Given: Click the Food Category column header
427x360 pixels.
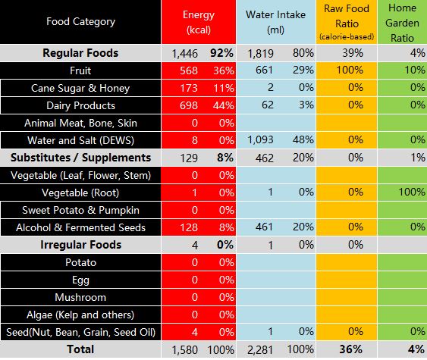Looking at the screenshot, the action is [80, 21].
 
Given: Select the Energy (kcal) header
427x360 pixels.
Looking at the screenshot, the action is [199, 22].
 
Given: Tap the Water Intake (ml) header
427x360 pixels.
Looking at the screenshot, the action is [275, 22].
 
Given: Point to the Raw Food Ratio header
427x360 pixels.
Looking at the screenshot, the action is [347, 22].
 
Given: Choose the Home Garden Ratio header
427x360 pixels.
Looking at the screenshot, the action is [402, 23].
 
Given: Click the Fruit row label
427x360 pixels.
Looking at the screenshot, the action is [80, 70].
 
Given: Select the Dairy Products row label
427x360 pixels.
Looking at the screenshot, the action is [80, 105].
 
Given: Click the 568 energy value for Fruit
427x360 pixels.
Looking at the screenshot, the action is [189, 70].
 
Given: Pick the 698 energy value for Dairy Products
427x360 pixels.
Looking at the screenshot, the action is [189, 105].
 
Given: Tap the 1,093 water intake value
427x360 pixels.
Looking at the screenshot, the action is [260, 140].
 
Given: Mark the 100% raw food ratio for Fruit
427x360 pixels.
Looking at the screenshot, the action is [350, 70].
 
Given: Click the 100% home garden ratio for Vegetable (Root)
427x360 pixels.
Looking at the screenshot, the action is [412, 192].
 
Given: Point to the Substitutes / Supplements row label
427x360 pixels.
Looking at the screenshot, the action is [80, 158].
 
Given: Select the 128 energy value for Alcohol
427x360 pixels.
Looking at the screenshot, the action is [189, 227].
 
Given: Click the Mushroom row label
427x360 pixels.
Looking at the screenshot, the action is [80, 297].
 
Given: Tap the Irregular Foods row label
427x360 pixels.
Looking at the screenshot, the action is [80, 245].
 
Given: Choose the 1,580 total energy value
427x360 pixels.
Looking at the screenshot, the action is [185, 350].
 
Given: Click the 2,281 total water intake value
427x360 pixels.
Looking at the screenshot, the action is [260, 350].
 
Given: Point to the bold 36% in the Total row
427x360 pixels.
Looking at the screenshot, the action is [350, 349].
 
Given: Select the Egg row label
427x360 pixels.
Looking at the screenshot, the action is [80, 280].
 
